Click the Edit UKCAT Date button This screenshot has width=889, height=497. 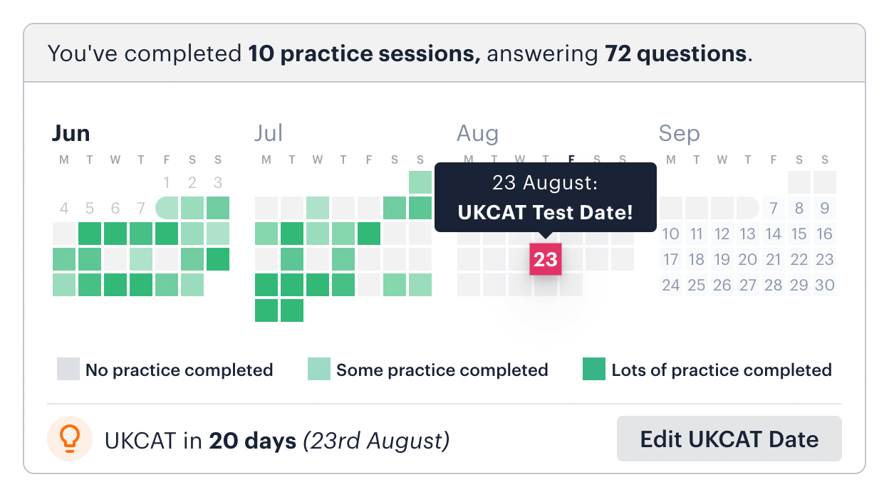[729, 439]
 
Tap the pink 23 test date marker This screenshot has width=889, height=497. [545, 259]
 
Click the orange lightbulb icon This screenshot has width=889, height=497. [68, 439]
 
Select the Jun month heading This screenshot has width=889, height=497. [71, 133]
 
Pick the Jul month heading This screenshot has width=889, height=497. [269, 133]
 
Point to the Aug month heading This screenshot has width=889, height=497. [477, 133]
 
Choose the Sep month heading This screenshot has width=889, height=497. [679, 133]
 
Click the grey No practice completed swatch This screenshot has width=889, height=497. [68, 370]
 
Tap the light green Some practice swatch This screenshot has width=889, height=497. [319, 370]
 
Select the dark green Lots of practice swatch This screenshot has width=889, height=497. [594, 370]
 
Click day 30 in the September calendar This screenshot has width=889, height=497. [825, 285]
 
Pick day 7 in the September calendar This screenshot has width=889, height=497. [774, 208]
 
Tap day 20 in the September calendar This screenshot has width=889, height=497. [748, 259]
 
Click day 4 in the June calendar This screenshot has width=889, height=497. [64, 208]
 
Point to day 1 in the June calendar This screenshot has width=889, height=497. [167, 182]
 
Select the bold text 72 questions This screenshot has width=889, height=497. [675, 53]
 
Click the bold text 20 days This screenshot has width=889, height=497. [252, 441]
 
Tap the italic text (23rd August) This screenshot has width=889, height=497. [376, 441]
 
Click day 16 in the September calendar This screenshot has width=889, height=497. [825, 234]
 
